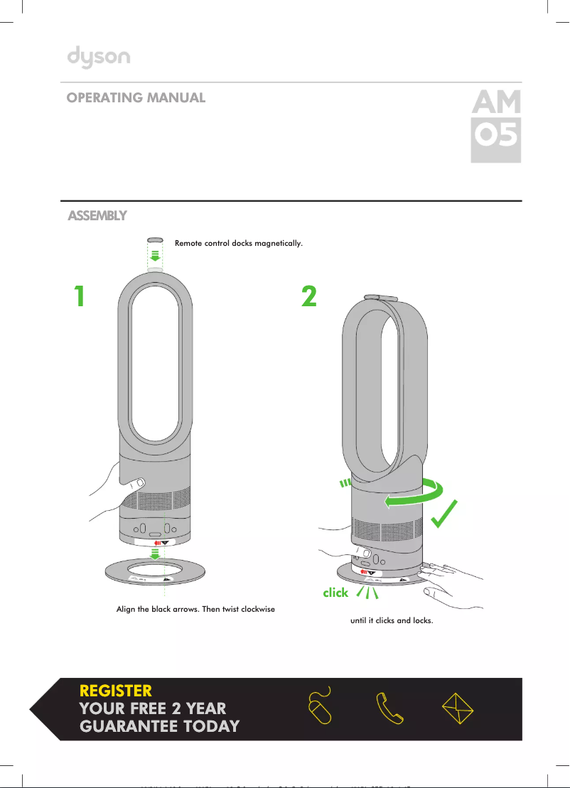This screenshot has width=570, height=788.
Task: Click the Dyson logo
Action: pyautogui.click(x=99, y=57)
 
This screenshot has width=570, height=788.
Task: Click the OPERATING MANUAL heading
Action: pyautogui.click(x=136, y=98)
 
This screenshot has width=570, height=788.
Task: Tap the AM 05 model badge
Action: pyautogui.click(x=496, y=126)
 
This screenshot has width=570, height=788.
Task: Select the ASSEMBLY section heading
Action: pyautogui.click(x=97, y=215)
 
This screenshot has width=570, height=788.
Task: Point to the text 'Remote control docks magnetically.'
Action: pyautogui.click(x=239, y=244)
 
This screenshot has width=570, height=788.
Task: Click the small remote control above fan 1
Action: pyautogui.click(x=154, y=241)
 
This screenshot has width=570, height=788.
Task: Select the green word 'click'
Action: pyautogui.click(x=335, y=592)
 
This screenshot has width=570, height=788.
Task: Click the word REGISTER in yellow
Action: pyautogui.click(x=116, y=691)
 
